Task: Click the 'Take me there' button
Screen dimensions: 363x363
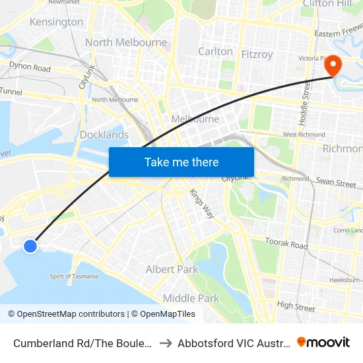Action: pos(181,162)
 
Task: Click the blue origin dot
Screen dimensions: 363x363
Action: pos(30,246)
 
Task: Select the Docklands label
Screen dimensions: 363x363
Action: pos(104,135)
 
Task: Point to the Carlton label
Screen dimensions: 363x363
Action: pos(215,51)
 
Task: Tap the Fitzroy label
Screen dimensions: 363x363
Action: pos(257,55)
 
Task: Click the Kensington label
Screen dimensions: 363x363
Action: pos(56,22)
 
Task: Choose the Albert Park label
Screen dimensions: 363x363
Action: pos(172,269)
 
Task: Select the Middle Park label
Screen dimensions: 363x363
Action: pos(191,298)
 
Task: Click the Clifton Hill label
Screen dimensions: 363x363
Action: pos(327,4)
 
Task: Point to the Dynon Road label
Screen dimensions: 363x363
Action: pos(30,67)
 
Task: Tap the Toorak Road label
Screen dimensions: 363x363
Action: pos(286,244)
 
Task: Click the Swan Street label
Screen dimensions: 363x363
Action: pos(336,182)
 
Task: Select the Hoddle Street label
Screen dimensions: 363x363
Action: pos(306,99)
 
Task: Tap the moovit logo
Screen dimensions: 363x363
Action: pos(323,342)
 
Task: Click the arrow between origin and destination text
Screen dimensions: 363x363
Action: pos(166,343)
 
